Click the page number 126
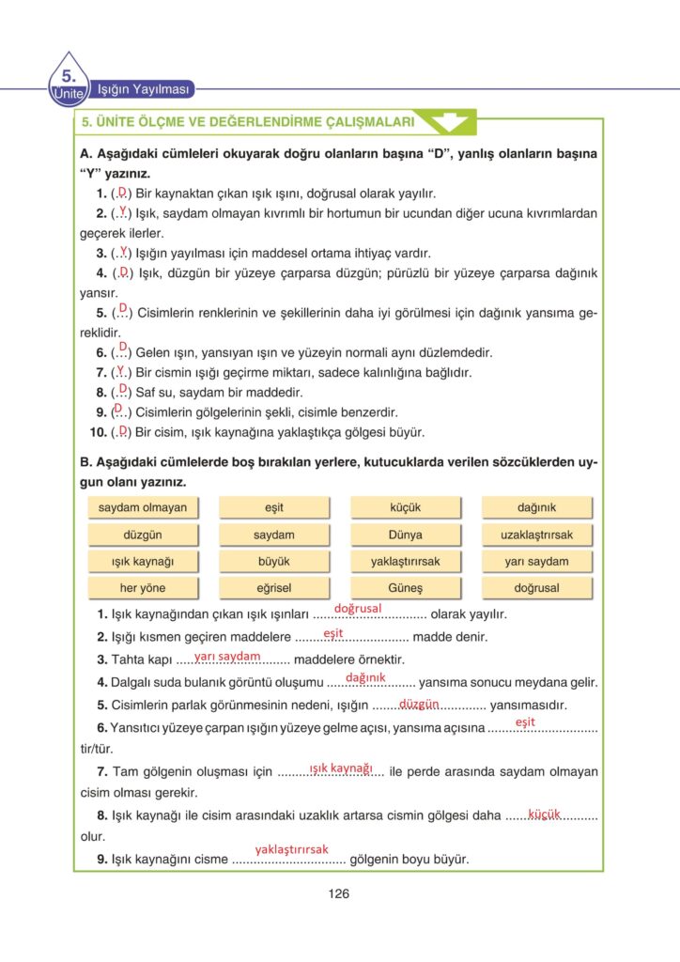339,893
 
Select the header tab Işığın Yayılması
145,90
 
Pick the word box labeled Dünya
405,535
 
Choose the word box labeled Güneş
405,588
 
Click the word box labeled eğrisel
273,588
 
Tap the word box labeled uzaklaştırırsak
536,535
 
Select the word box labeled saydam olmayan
142,507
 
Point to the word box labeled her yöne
142,588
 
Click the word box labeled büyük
273,562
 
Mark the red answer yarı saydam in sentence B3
227,656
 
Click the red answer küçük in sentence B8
544,813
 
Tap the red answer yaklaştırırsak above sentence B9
291,849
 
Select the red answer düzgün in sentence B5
420,703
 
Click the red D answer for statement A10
123,430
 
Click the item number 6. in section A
101,352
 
